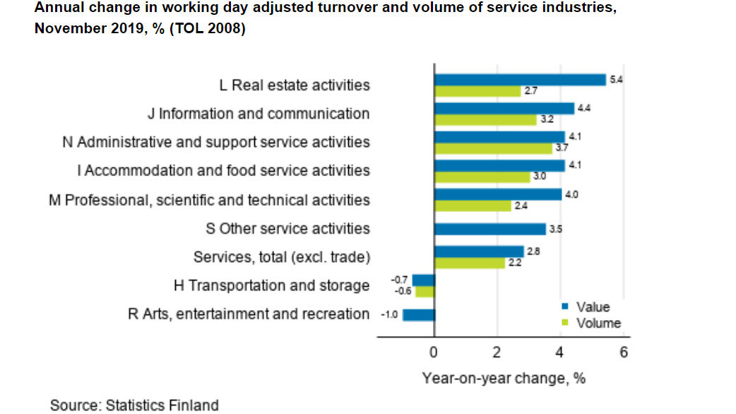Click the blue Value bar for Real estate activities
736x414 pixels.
tap(520, 80)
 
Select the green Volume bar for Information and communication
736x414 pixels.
tap(485, 120)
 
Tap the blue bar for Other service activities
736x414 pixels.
tap(490, 229)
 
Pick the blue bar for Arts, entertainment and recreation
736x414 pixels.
tap(418, 315)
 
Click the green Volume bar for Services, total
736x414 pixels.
tap(470, 263)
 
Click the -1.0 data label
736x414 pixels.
tap(389, 315)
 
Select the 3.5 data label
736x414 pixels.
tap(555, 229)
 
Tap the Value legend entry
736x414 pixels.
tap(592, 307)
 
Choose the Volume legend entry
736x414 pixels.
tap(598, 323)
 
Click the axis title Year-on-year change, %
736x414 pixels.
tap(504, 378)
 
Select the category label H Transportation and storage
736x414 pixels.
tap(272, 285)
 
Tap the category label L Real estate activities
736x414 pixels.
tap(295, 85)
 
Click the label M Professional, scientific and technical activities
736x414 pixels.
tap(209, 200)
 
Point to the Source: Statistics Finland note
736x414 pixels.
tap(134, 405)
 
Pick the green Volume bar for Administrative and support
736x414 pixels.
tap(493, 148)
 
